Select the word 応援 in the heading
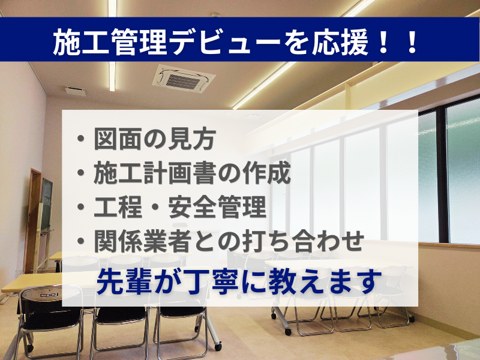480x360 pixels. [340, 43]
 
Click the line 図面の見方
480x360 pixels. [155, 139]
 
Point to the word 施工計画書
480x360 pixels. [155, 173]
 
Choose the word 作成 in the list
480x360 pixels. [266, 173]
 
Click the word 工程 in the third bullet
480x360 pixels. [118, 207]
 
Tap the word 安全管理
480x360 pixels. [217, 207]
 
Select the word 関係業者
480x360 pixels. [143, 241]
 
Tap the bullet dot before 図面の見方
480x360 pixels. [81, 139]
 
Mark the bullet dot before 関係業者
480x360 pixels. [81, 241]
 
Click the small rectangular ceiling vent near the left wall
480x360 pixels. [75, 91]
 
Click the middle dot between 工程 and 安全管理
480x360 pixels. [155, 207]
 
